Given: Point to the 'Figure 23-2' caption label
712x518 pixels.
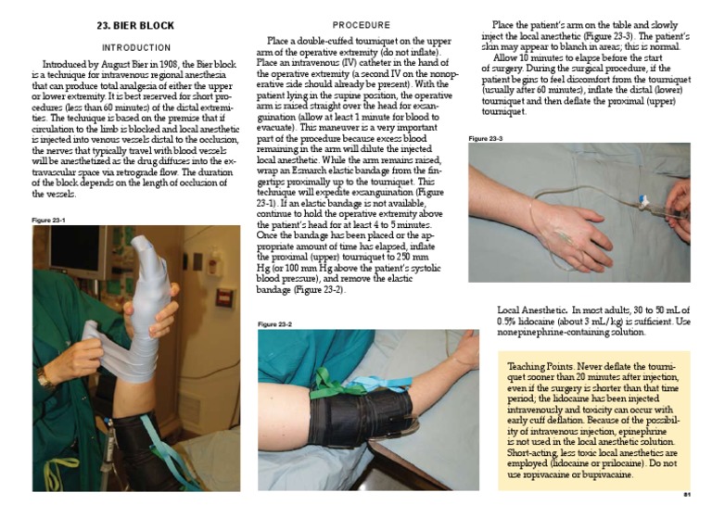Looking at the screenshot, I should (275, 324).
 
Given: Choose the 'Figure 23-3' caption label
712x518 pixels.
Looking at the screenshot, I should (485, 138).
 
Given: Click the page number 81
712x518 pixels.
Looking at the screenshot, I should (687, 495).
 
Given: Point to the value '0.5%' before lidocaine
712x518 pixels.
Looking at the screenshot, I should (509, 320).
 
